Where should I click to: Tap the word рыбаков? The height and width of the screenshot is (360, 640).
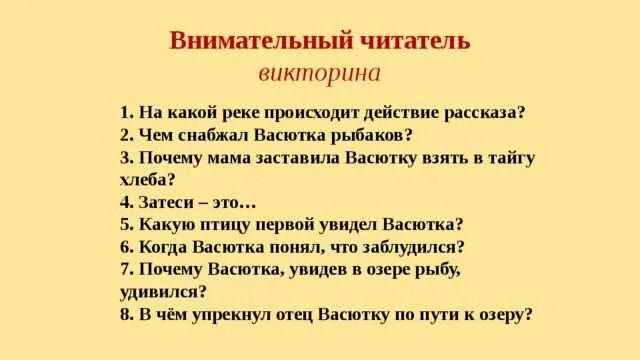point(371,135)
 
